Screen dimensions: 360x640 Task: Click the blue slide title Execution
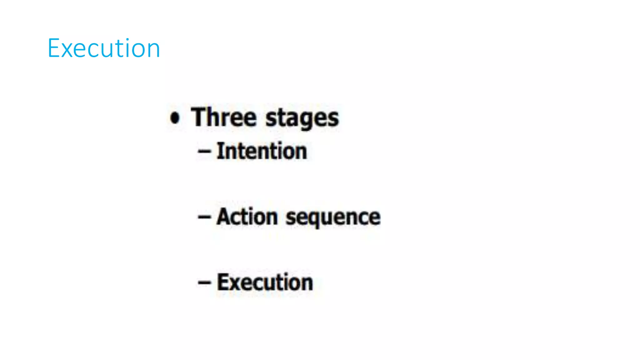click(x=104, y=48)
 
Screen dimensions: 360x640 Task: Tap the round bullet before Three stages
click(x=175, y=118)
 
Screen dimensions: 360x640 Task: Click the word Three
click(x=224, y=117)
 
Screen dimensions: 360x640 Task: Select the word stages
click(x=302, y=119)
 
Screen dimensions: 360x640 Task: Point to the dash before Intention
click(x=204, y=152)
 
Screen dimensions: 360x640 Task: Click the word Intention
click(x=262, y=151)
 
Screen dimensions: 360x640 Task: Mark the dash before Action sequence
click(x=204, y=217)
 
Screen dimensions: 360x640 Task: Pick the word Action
click(x=247, y=217)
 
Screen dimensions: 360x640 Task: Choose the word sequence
click(x=333, y=218)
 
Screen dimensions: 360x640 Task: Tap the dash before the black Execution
click(x=204, y=283)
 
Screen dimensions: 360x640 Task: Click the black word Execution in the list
click(x=265, y=282)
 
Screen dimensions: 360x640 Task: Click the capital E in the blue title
click(x=53, y=48)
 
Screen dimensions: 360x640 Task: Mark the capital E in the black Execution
click(x=222, y=282)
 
